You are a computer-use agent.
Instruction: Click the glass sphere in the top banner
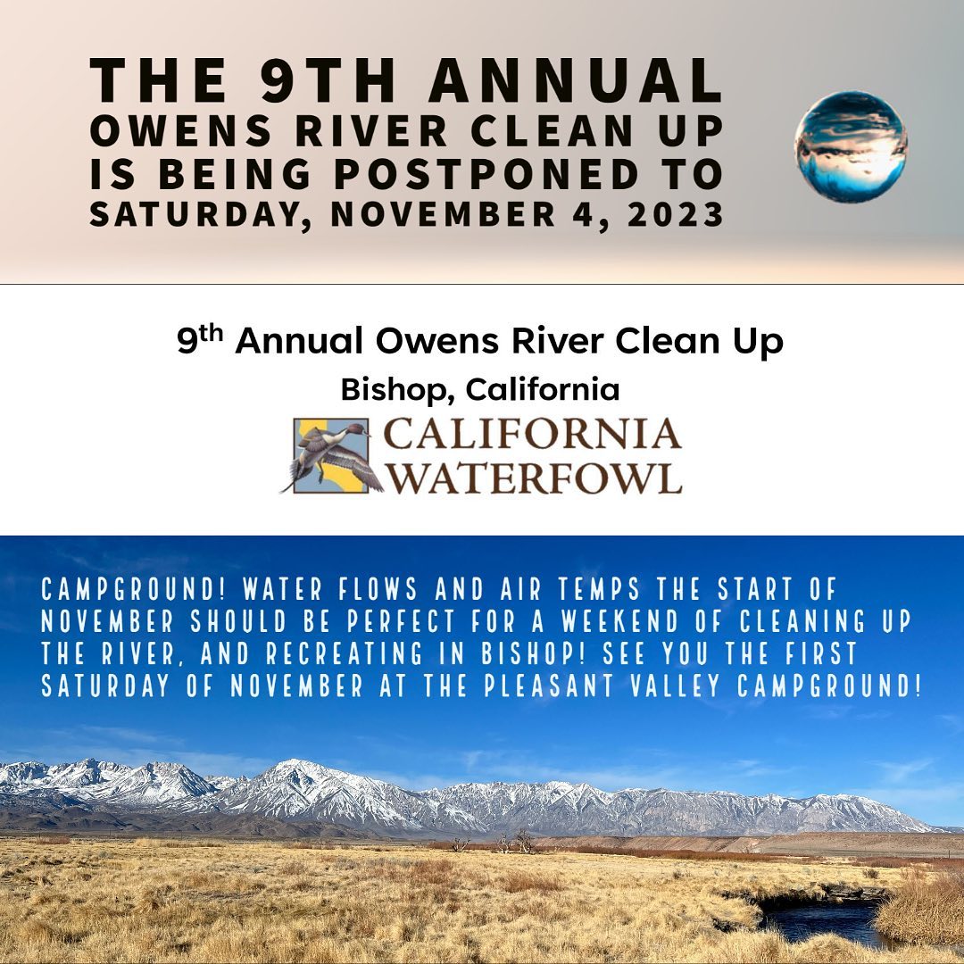coord(851,146)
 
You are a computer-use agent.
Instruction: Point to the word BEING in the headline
coord(235,174)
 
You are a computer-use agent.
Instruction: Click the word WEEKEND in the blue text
coord(619,621)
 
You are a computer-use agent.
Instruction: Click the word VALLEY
coord(676,686)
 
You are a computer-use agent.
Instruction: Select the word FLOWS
coord(378,590)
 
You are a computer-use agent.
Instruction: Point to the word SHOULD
coord(238,621)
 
